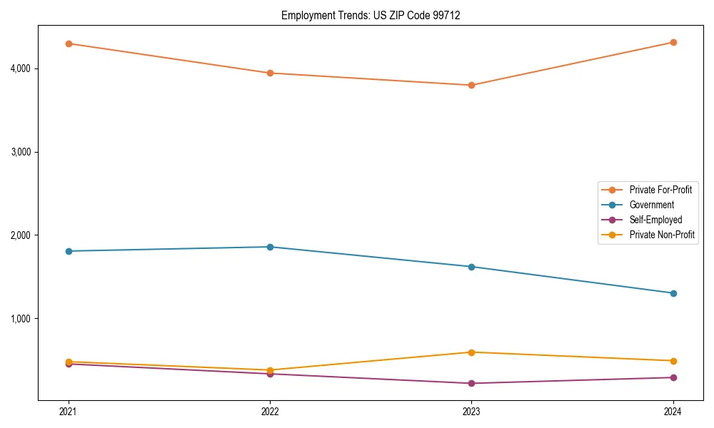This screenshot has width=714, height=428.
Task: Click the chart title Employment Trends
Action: pyautogui.click(x=370, y=15)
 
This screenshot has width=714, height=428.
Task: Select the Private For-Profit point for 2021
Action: pyautogui.click(x=69, y=44)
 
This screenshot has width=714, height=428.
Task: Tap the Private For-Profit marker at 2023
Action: pyautogui.click(x=471, y=85)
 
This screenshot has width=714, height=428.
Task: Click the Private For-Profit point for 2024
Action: pyautogui.click(x=673, y=42)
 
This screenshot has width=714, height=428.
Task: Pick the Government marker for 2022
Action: pyautogui.click(x=270, y=247)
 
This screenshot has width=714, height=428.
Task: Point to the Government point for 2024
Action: pyautogui.click(x=673, y=293)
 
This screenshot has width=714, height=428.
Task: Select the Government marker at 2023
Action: pyautogui.click(x=471, y=267)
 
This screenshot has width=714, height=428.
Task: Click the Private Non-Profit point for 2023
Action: pyautogui.click(x=471, y=352)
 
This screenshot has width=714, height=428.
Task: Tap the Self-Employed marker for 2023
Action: pyautogui.click(x=471, y=383)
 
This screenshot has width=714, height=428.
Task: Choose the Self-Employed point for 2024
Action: pyautogui.click(x=673, y=377)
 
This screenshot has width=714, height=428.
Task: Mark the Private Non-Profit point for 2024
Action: pyautogui.click(x=673, y=361)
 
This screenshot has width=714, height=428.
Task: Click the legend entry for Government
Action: pyautogui.click(x=651, y=205)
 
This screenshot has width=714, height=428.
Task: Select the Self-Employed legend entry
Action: pyautogui.click(x=655, y=220)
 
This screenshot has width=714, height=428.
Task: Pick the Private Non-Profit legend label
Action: pyautogui.click(x=662, y=235)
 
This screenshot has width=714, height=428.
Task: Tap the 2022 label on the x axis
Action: pyautogui.click(x=270, y=412)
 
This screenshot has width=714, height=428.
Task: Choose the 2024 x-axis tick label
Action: pyautogui.click(x=673, y=412)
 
